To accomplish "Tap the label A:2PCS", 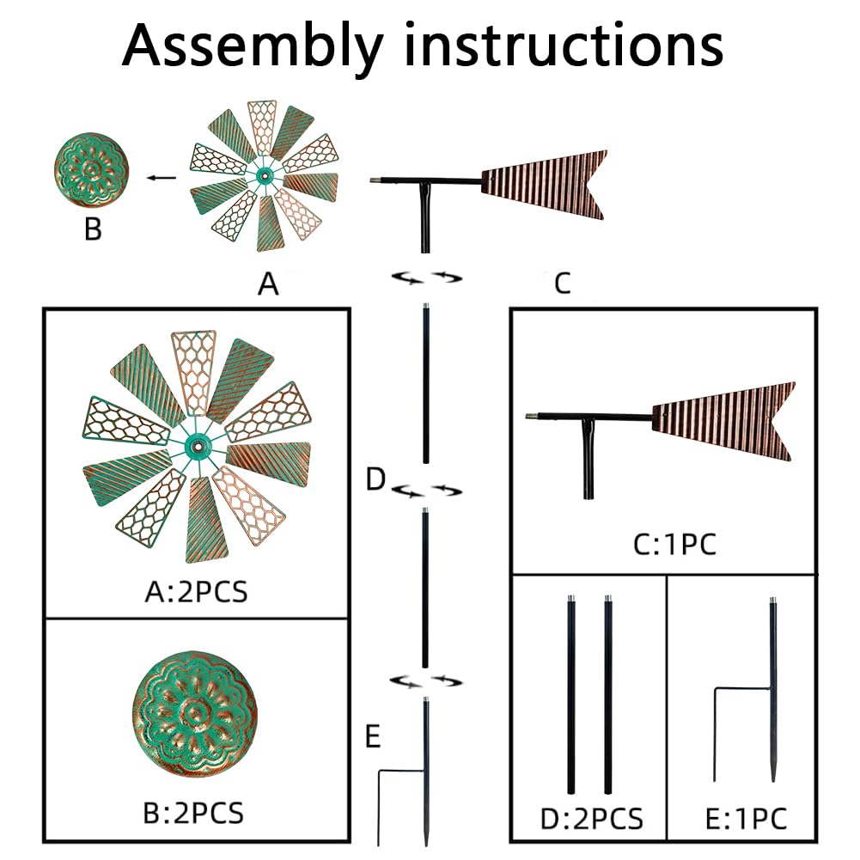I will click(x=196, y=591).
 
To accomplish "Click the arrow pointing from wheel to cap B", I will click(x=161, y=178).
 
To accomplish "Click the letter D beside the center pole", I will click(x=375, y=479).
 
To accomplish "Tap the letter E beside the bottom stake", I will click(x=372, y=736).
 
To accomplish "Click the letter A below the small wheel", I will click(x=269, y=284).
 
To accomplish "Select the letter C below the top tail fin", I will click(x=562, y=284).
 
